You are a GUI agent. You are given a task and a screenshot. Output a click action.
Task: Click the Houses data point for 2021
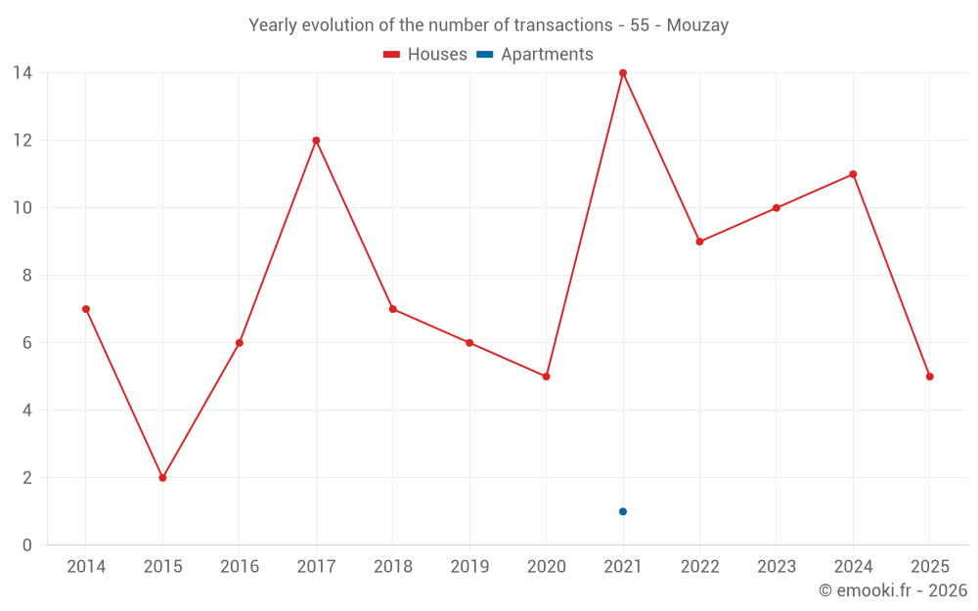623,73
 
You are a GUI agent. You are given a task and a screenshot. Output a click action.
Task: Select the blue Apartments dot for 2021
623,511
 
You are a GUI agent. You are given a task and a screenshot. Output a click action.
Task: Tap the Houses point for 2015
162,478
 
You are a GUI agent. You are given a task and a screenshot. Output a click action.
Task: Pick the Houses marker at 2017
316,141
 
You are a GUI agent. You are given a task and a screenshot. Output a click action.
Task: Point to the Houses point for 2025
930,376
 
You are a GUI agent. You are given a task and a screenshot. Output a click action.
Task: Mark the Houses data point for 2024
853,174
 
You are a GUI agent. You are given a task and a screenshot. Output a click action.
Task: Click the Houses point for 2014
86,309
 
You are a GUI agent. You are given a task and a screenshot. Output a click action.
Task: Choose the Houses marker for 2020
546,376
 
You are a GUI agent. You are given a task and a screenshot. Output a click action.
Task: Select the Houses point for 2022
699,241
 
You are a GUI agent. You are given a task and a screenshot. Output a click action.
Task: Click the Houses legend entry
425,55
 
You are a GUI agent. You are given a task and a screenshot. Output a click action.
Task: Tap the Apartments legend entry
535,55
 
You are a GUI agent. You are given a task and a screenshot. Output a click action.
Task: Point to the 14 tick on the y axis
22,73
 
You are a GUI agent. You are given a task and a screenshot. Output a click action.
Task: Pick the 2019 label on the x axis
469,567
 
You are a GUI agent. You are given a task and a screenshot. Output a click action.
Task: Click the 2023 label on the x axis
777,567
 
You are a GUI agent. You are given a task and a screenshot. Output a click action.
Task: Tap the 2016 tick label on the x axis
240,567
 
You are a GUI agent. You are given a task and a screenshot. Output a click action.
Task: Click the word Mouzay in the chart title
697,25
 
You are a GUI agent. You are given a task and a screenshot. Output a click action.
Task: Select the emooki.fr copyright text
893,590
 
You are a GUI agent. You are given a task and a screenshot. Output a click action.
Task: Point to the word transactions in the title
561,25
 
